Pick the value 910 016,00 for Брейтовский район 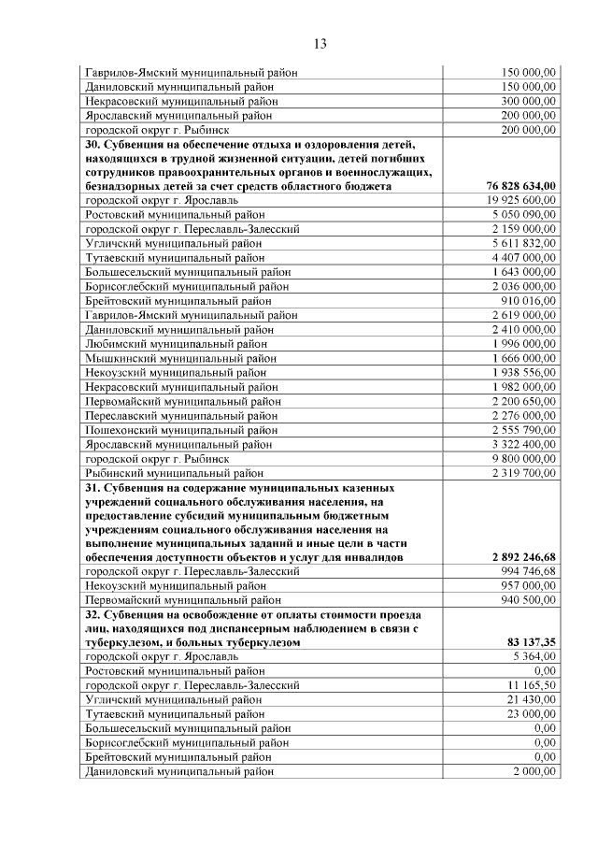528,301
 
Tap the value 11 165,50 532,685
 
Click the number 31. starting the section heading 94,488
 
